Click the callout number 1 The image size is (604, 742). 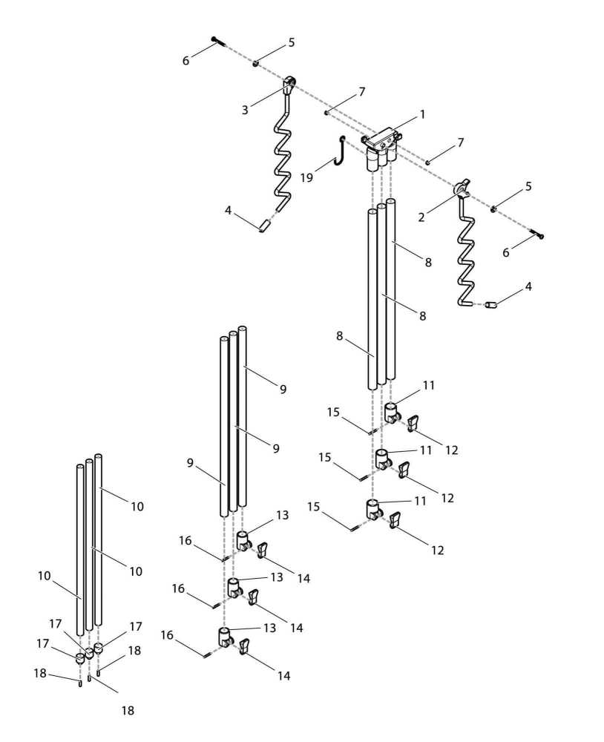pyautogui.click(x=422, y=115)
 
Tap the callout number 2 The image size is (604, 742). pyautogui.click(x=421, y=217)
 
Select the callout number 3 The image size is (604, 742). pyautogui.click(x=244, y=110)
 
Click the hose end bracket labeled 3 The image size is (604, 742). pyautogui.click(x=290, y=84)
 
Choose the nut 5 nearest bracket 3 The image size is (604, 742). pyautogui.click(x=255, y=64)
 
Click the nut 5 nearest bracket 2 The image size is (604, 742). pyautogui.click(x=494, y=209)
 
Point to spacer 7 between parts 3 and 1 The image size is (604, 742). pyautogui.click(x=326, y=113)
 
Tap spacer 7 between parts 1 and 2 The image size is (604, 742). pyautogui.click(x=429, y=162)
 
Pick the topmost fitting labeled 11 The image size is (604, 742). pyautogui.click(x=390, y=410)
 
